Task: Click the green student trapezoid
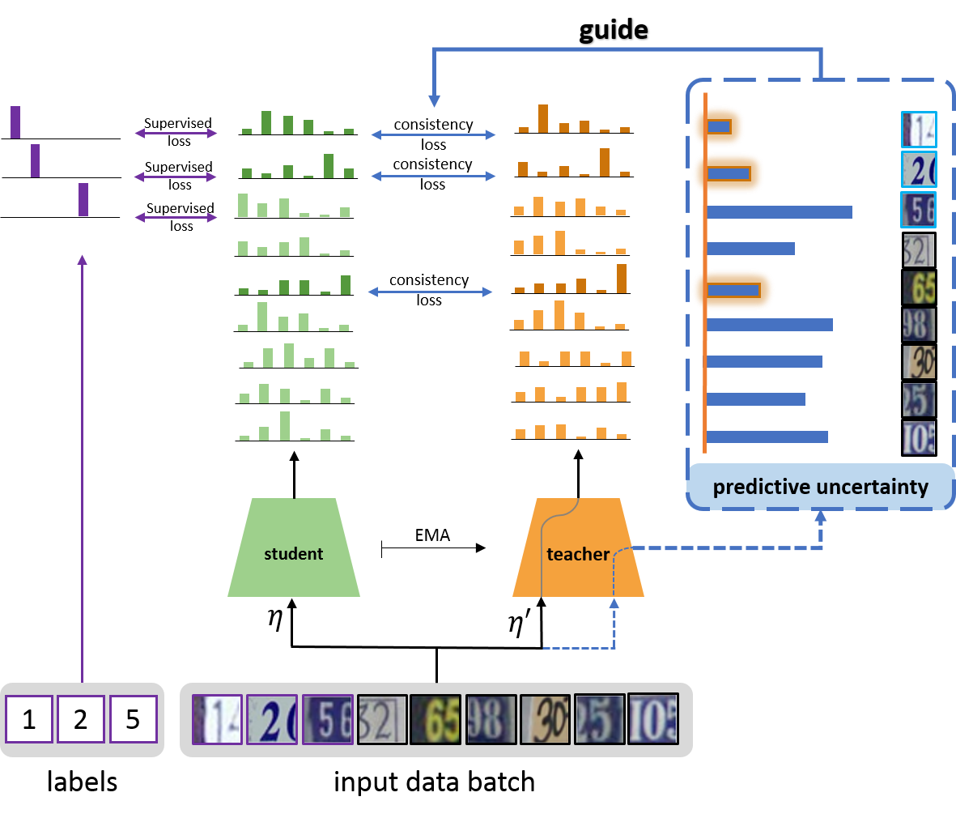pos(293,548)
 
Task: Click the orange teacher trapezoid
pos(578,548)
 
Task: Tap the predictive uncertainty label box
pos(820,487)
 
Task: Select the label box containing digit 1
pos(29,718)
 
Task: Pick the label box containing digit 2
pos(80,718)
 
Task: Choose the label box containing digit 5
pos(133,718)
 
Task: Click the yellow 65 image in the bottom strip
pos(436,719)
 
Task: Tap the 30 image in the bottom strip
pos(545,719)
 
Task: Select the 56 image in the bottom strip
pos(327,719)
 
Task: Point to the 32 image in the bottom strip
pos(381,719)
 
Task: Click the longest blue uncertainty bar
pos(780,212)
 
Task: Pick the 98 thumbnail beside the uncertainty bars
pos(919,325)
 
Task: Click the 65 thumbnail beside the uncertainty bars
pos(919,288)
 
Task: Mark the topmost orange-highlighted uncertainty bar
pos(719,127)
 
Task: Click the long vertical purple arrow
pos(82,470)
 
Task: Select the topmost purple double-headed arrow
pos(176,133)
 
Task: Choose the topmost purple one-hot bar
pos(15,121)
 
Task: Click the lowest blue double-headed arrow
pos(431,292)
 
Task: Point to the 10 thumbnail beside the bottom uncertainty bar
pos(919,437)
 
